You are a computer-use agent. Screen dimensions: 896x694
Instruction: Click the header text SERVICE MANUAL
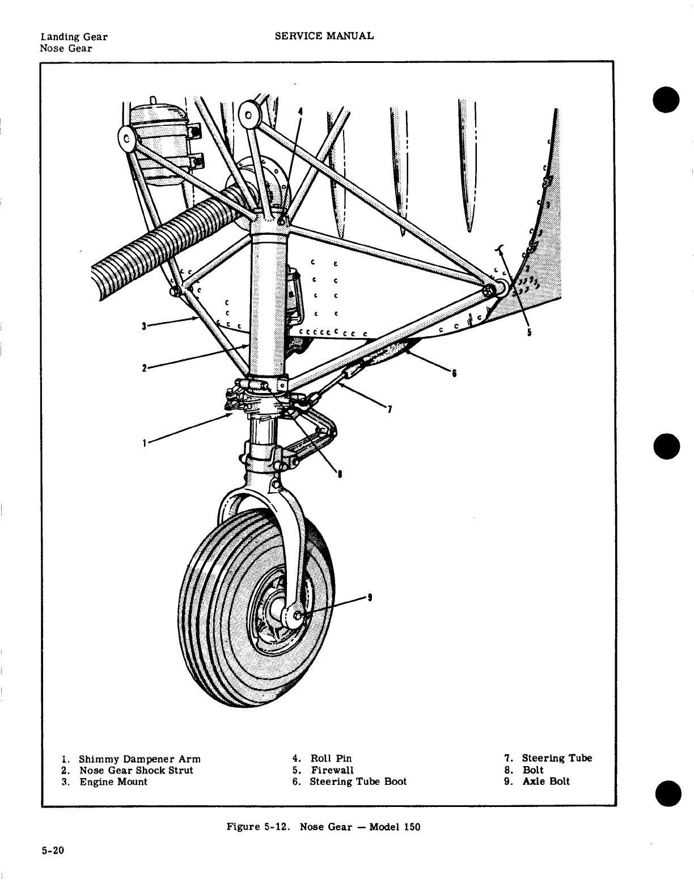coord(324,36)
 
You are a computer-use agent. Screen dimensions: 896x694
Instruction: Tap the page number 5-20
coord(53,851)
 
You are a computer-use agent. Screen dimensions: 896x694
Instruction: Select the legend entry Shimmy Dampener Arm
coord(139,759)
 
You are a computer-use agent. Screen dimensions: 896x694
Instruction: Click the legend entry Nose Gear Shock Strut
coord(136,770)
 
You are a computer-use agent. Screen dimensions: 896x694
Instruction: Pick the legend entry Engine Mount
coord(112,781)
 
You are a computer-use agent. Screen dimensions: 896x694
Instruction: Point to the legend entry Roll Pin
coord(331,758)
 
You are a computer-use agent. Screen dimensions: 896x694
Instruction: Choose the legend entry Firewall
coord(332,770)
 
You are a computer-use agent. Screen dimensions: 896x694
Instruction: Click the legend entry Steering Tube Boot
coord(358,781)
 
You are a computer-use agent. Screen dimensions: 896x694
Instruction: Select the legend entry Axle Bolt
coord(545,781)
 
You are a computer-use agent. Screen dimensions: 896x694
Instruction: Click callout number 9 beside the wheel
coord(370,597)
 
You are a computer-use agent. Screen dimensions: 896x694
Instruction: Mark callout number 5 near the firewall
coord(528,333)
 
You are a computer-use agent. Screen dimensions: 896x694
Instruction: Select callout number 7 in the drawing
coord(390,410)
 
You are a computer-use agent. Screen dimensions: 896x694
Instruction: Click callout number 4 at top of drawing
coord(300,112)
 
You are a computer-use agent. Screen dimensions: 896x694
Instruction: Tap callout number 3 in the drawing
coord(145,326)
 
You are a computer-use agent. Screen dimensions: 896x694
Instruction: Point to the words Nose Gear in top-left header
coord(65,48)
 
